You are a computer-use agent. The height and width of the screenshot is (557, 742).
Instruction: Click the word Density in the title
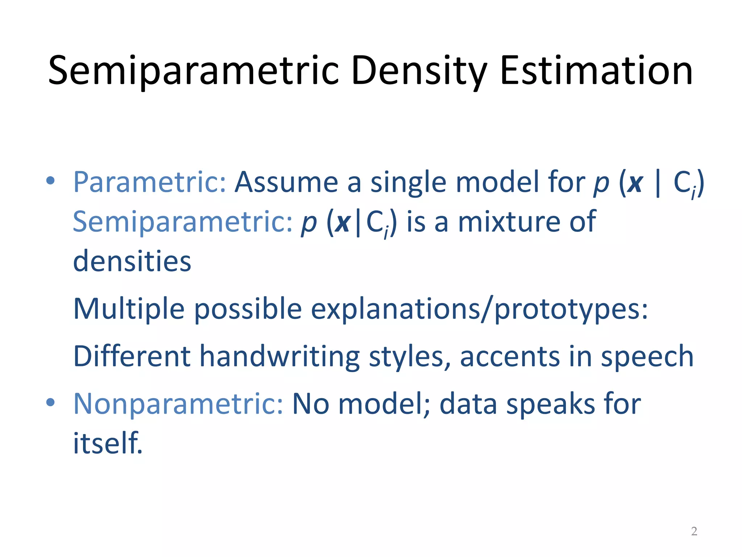419,71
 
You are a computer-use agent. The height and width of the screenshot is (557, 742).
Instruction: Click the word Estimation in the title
596,71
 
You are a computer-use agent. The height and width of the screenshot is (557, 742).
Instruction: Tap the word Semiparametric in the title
193,71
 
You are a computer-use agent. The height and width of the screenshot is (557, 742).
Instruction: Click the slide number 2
694,531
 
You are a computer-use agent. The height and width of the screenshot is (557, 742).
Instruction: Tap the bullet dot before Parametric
50,180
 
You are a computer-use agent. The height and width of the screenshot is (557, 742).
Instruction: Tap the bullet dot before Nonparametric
50,402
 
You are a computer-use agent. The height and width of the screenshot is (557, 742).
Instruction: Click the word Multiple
129,309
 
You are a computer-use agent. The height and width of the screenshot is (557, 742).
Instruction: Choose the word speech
647,357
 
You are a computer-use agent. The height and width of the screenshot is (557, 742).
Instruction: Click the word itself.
108,443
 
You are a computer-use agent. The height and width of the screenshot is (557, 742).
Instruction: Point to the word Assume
286,182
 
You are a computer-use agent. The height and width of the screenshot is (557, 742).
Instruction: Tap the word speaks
551,404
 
